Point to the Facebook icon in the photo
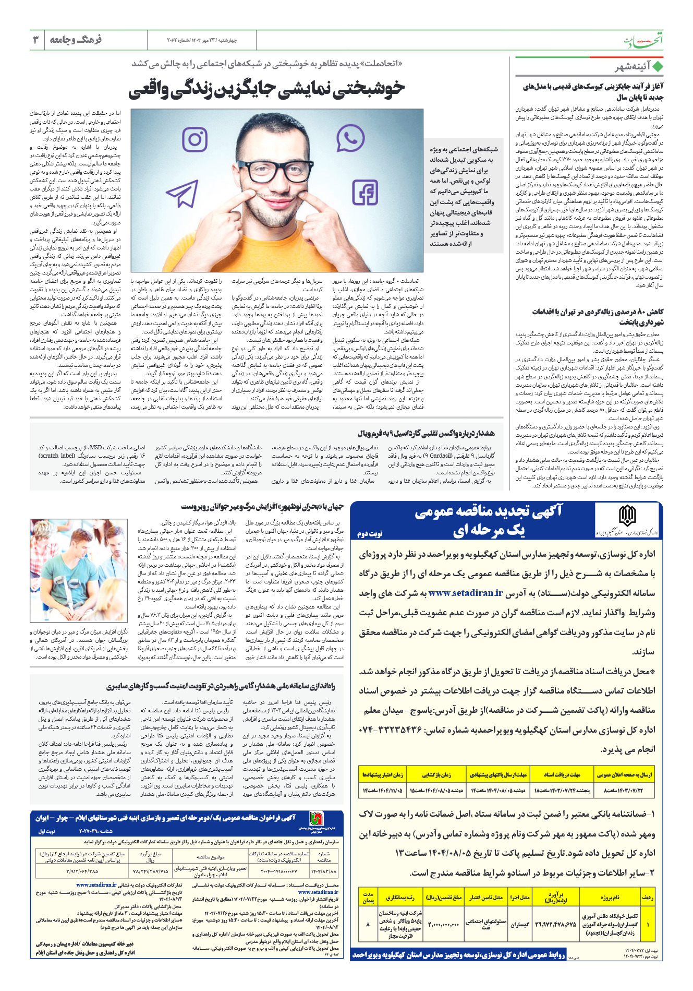(365, 193)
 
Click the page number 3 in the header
(37, 40)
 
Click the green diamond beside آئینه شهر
(658, 67)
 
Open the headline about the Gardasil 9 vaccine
(426, 433)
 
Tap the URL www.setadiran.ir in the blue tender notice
(465, 593)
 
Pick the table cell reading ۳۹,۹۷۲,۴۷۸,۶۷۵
(555, 924)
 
